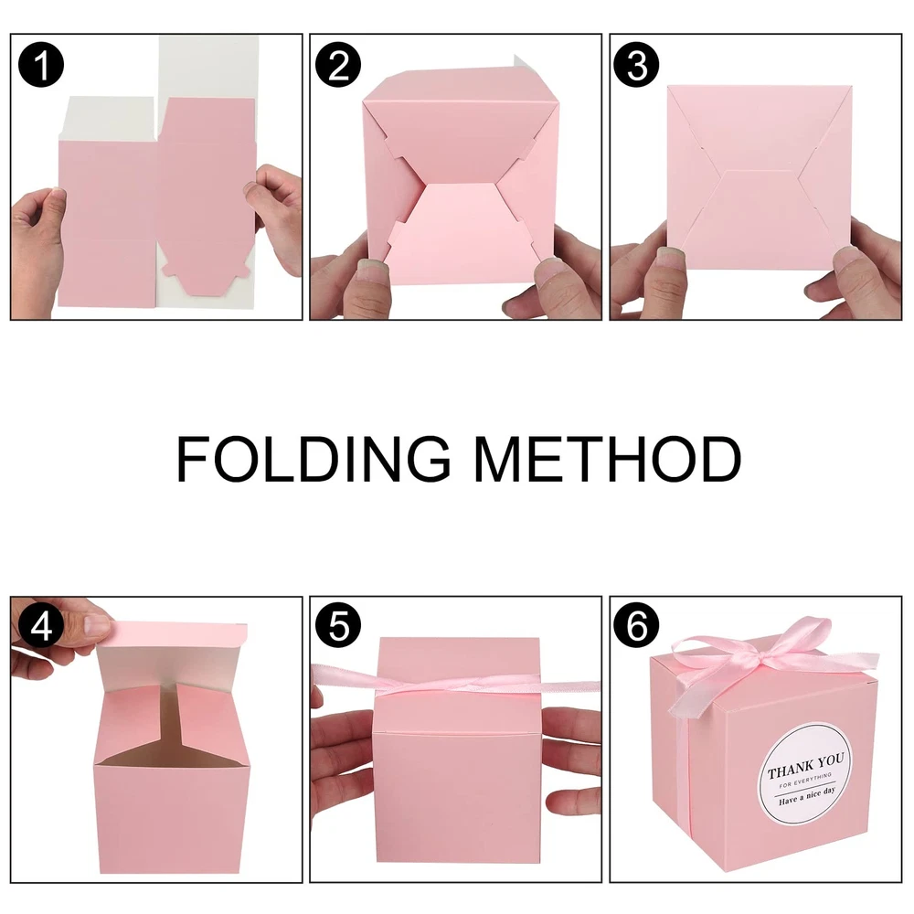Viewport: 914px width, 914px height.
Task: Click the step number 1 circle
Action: (41, 65)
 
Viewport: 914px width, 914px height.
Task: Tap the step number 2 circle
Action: (338, 65)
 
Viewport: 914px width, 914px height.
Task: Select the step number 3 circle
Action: (637, 65)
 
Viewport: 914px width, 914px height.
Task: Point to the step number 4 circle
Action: (41, 627)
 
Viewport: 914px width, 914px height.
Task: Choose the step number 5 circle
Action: (338, 627)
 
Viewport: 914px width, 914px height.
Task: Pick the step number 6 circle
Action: (637, 627)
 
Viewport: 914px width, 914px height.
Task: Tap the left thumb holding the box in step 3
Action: (670, 263)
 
